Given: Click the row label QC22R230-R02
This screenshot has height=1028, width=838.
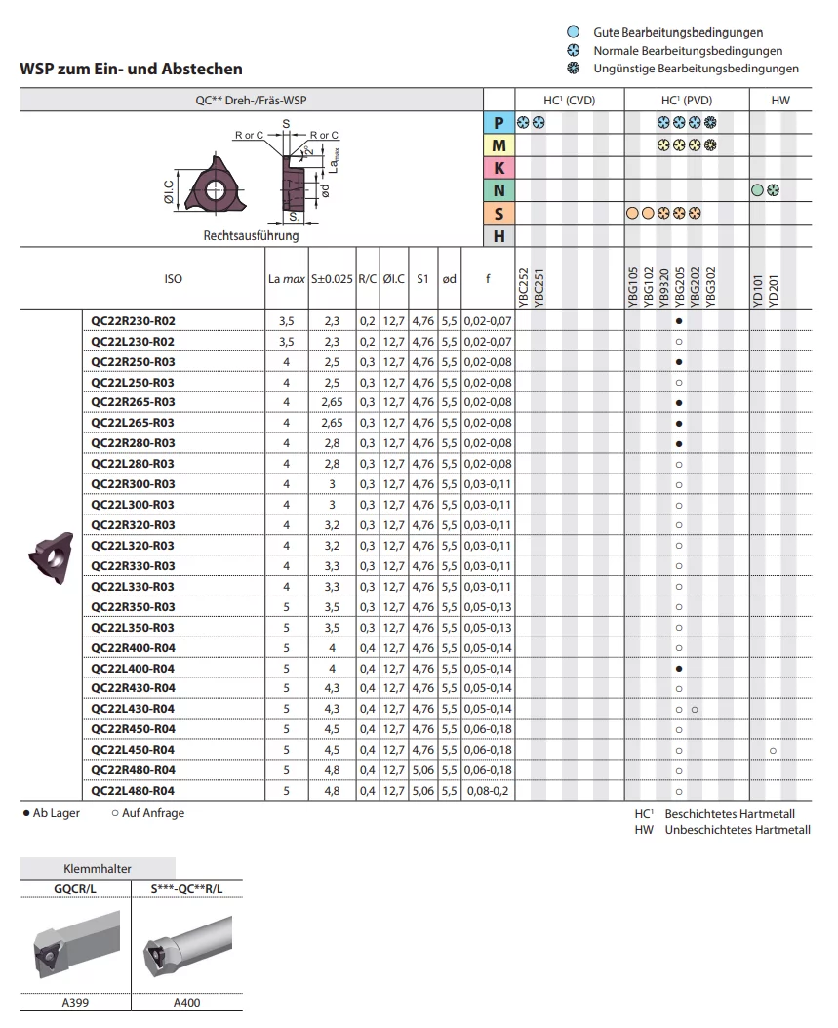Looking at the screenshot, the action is [133, 321].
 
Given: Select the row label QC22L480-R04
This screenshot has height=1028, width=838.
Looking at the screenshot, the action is [133, 791].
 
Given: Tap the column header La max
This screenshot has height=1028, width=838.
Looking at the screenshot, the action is [286, 279].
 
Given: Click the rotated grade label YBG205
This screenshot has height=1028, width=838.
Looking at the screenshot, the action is [679, 287].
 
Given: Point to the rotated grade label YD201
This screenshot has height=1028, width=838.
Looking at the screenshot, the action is [774, 291].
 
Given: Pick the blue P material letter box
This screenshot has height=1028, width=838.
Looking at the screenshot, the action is [499, 123].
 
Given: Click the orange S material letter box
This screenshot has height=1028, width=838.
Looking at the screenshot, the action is [499, 214].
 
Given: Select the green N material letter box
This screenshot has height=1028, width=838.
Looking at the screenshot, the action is [499, 190].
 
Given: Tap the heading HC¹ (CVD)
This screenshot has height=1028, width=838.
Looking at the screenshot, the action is [570, 101].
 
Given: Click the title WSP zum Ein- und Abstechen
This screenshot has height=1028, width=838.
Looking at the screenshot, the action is [131, 69].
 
